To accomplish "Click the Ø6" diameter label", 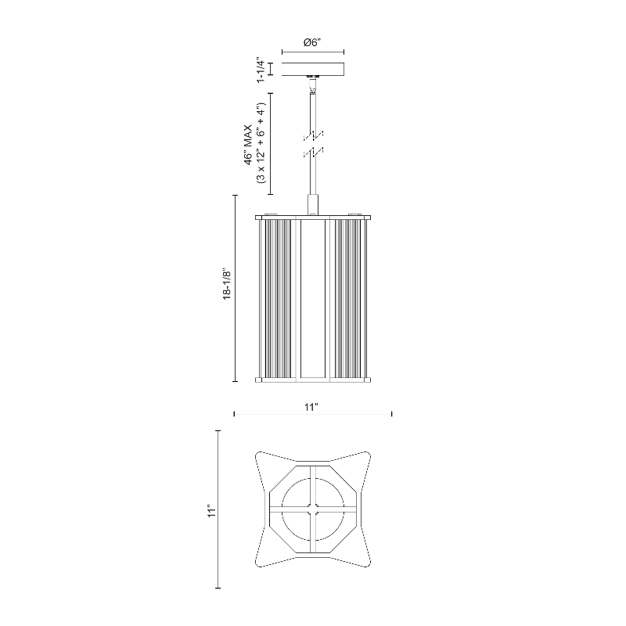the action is pyautogui.click(x=312, y=42).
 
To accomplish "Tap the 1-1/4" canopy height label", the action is pyautogui.click(x=261, y=70).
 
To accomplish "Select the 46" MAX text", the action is pyautogui.click(x=248, y=145).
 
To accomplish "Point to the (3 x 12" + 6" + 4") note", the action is pyautogui.click(x=261, y=143).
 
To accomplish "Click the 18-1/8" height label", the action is pyautogui.click(x=227, y=283).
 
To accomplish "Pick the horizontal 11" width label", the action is pyautogui.click(x=311, y=407).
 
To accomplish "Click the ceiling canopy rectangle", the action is pyautogui.click(x=313, y=69).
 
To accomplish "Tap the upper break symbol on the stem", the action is pyautogui.click(x=314, y=135).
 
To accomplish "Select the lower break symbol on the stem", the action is pyautogui.click(x=314, y=153).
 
